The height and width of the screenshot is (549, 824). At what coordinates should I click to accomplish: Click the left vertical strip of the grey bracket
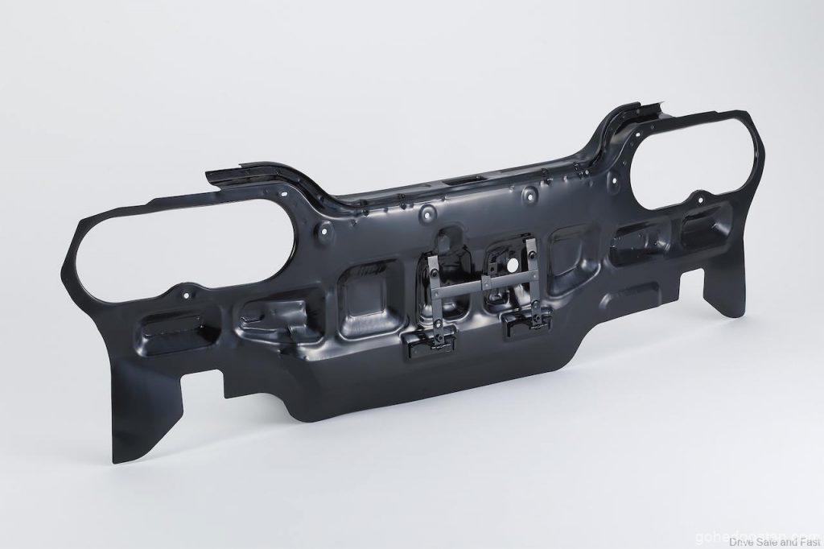point(435,298)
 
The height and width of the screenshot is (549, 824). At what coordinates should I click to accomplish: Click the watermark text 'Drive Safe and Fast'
point(768,540)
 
